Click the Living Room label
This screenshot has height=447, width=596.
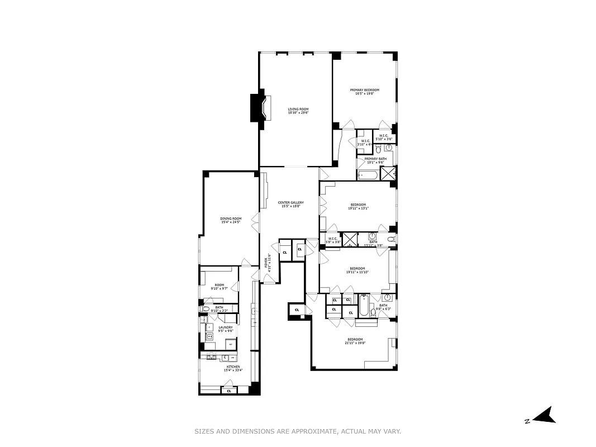(x=298, y=110)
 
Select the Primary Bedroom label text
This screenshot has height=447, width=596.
(x=364, y=90)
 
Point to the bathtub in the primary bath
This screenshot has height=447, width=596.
(x=368, y=175)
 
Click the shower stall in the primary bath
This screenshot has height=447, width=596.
(x=389, y=173)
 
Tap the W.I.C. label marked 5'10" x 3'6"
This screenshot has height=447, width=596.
(x=384, y=137)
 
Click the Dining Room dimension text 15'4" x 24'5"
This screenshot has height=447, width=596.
(x=230, y=222)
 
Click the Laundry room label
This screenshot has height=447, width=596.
(x=225, y=327)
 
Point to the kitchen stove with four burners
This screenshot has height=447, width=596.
(x=212, y=356)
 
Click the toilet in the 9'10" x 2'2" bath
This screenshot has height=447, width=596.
(x=205, y=308)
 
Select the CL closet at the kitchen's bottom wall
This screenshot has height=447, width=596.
(x=228, y=391)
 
